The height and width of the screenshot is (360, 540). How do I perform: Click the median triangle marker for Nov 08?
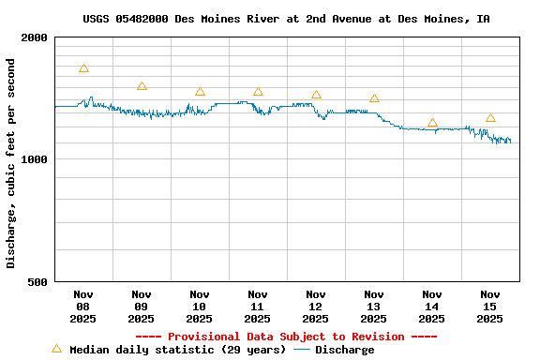pyautogui.click(x=83, y=68)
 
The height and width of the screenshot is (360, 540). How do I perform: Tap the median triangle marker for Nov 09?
pyautogui.click(x=142, y=86)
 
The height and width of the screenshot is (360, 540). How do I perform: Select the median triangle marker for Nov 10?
pyautogui.click(x=200, y=92)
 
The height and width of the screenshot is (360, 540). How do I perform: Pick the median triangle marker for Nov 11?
pyautogui.click(x=258, y=92)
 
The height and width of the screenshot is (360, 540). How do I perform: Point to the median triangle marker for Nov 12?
pyautogui.click(x=316, y=95)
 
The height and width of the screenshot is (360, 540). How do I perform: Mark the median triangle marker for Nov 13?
pyautogui.click(x=374, y=98)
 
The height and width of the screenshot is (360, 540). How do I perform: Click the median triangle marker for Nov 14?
pyautogui.click(x=432, y=123)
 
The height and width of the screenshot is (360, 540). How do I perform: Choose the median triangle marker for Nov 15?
pyautogui.click(x=490, y=118)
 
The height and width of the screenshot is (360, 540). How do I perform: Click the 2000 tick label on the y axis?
pyautogui.click(x=34, y=37)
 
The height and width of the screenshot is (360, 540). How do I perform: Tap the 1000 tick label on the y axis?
pyautogui.click(x=34, y=159)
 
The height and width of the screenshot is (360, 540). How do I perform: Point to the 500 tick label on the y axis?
pyautogui.click(x=37, y=281)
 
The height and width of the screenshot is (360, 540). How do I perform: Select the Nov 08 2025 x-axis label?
pyautogui.click(x=83, y=307)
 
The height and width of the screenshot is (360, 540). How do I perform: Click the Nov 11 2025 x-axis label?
pyautogui.click(x=258, y=307)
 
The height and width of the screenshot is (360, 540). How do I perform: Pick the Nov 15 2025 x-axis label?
pyautogui.click(x=490, y=307)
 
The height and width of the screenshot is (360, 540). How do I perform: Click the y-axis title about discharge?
pyautogui.click(x=11, y=163)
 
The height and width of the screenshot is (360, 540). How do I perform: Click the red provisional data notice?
pyautogui.click(x=286, y=337)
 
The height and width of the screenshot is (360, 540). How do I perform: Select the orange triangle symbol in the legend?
pyautogui.click(x=56, y=349)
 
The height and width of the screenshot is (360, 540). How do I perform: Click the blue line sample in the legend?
pyautogui.click(x=301, y=350)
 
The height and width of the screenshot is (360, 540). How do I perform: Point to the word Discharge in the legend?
pyautogui.click(x=344, y=350)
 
